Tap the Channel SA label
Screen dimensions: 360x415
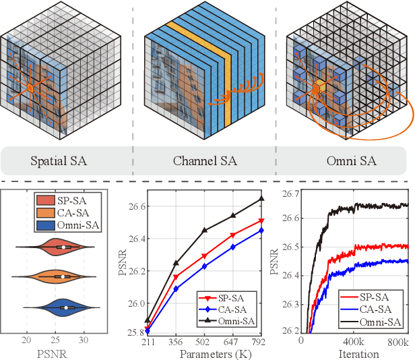point(205,161)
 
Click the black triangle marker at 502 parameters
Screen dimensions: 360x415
point(205,230)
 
